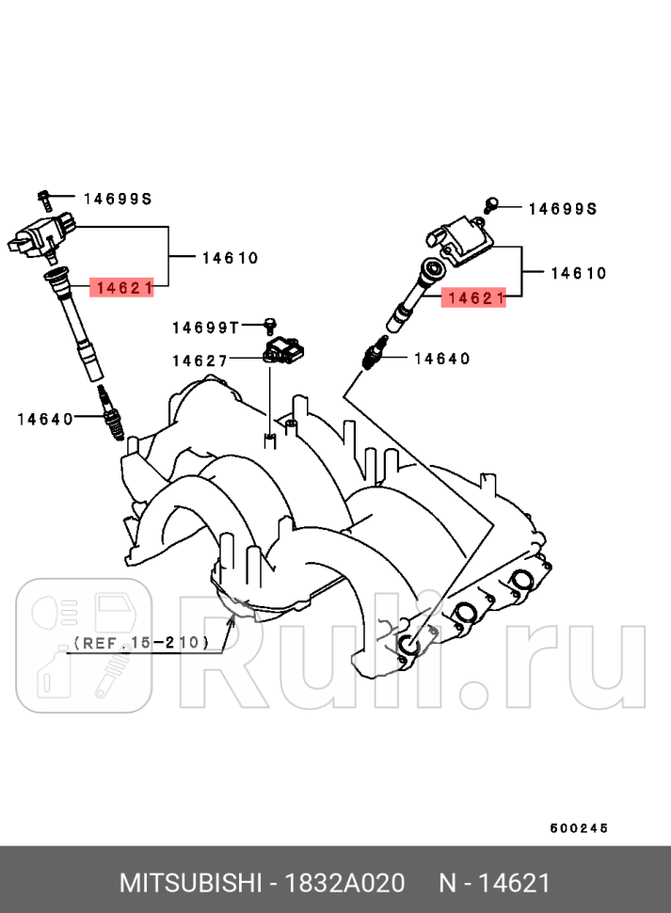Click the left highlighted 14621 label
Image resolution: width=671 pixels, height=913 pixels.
[121, 288]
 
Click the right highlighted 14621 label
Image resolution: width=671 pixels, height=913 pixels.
[475, 298]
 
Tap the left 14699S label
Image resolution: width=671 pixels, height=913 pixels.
[118, 199]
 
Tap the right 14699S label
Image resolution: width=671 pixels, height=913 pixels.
[561, 209]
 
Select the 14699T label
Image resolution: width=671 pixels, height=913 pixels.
[205, 328]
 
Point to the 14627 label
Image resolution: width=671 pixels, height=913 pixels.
[199, 360]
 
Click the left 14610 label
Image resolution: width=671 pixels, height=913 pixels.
[230, 257]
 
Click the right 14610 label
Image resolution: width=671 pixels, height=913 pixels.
[579, 274]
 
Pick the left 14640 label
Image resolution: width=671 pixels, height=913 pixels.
[45, 419]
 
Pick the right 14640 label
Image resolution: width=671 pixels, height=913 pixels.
[442, 358]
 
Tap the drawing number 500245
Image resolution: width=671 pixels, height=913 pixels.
[579, 828]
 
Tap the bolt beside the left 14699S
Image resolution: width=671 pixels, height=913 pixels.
[43, 198]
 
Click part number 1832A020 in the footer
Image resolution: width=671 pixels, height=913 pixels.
[346, 883]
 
